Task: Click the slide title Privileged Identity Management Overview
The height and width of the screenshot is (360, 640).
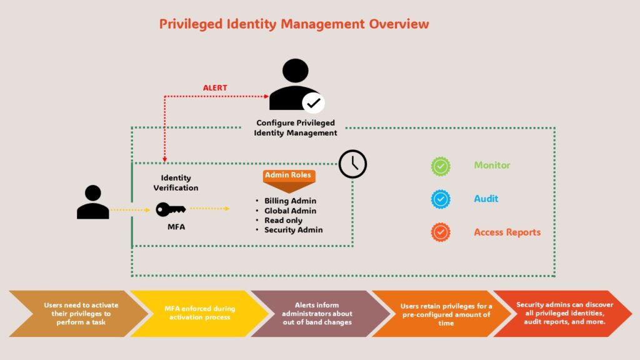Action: coord(294,24)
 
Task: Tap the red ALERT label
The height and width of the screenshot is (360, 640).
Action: coord(215,88)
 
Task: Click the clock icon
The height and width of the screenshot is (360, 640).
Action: coord(352,164)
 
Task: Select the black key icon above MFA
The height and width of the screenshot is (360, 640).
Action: coord(170,209)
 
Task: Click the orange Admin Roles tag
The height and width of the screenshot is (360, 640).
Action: coord(288,176)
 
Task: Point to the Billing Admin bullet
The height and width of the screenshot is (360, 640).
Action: coord(290,201)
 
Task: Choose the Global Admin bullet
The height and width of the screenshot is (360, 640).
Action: coord(290,211)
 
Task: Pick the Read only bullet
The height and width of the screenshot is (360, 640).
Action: coord(283,220)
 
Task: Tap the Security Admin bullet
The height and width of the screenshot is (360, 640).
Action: coord(293,229)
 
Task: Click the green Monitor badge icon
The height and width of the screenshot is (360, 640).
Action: coord(441,166)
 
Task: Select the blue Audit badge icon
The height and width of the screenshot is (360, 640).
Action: coord(441,199)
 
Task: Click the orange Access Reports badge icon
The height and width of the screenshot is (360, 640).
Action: coord(441,232)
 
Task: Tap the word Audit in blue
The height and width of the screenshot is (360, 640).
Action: coord(486,199)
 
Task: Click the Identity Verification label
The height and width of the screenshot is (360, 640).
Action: coord(176,182)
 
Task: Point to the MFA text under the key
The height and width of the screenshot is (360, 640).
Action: coord(176,227)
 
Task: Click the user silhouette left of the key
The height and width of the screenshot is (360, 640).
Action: coord(93,202)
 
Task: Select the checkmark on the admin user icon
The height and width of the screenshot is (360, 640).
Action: coord(313,102)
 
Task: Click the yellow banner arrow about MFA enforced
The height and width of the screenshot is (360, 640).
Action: coord(199,313)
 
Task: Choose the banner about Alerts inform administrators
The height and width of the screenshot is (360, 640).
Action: coord(317,313)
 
